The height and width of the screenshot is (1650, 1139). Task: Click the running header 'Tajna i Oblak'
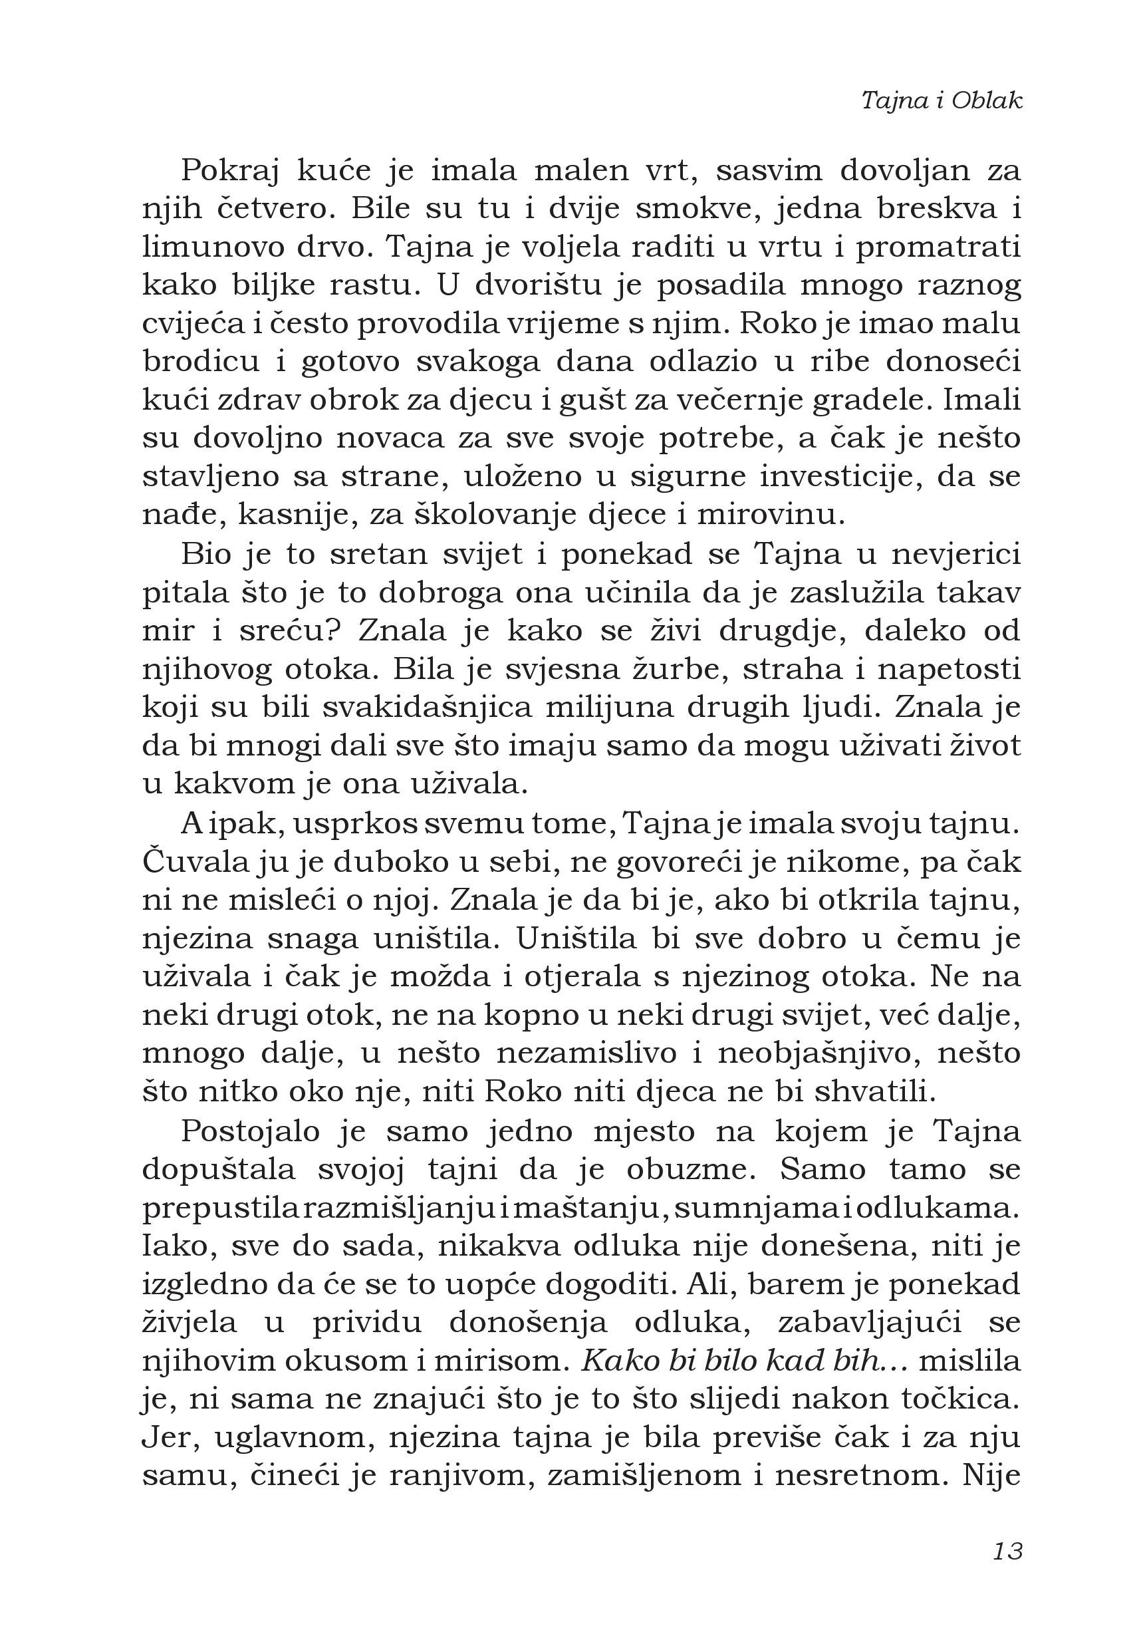pyautogui.click(x=942, y=100)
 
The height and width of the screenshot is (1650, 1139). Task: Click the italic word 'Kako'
pyautogui.click(x=616, y=1361)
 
